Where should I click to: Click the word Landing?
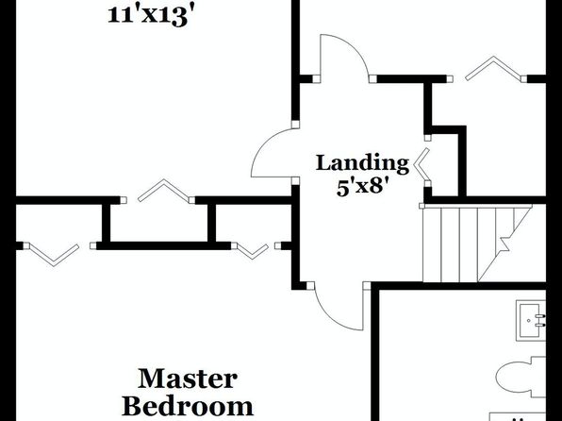click(362, 163)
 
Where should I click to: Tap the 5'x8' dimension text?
click(363, 187)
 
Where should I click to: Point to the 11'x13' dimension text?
click(153, 16)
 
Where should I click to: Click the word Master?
click(188, 379)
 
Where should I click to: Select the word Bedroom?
click(188, 406)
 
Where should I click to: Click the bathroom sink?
click(531, 321)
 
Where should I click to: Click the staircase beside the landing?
click(477, 244)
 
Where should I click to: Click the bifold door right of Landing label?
click(421, 164)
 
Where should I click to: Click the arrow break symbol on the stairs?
click(504, 244)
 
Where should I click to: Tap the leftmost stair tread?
click(432, 244)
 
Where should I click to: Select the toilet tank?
click(538, 377)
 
